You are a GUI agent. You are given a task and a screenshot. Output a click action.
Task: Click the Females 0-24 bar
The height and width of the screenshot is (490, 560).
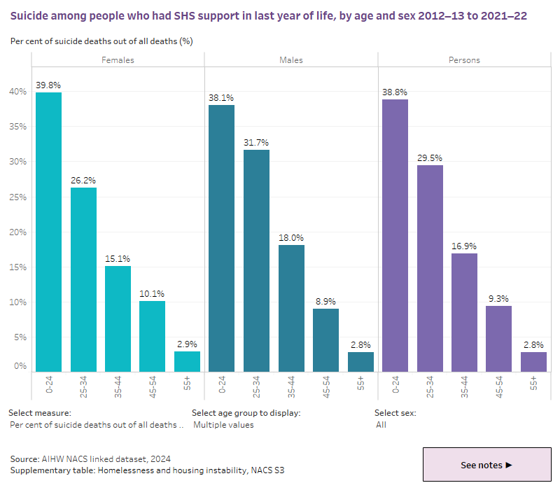point(48,231)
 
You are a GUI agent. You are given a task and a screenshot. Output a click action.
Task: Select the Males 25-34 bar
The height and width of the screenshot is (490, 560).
point(256,260)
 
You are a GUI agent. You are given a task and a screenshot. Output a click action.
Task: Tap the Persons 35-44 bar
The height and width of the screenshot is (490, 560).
point(464,311)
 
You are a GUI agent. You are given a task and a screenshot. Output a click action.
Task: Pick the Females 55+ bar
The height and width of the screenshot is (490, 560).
point(187,361)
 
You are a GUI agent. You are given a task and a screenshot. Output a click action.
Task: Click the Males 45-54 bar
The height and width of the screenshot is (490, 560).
point(325,339)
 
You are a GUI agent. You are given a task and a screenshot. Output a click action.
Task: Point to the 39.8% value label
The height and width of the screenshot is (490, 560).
point(48,85)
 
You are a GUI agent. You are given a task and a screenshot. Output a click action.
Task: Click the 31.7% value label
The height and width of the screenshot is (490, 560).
point(256,143)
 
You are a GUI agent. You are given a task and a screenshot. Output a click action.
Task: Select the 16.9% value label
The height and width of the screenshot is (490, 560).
point(464,246)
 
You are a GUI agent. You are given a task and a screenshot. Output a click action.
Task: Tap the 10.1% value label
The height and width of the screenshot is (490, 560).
point(152,294)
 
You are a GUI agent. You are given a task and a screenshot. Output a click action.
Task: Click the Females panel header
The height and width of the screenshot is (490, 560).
point(118,60)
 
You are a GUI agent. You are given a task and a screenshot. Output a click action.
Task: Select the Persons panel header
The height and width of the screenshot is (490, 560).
point(464,60)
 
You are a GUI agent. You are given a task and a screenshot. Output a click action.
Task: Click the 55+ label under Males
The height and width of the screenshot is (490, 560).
point(360,384)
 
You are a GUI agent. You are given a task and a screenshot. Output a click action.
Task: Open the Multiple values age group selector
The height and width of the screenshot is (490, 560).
point(223,425)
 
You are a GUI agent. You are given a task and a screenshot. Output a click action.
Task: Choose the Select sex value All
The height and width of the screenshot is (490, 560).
point(381,425)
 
